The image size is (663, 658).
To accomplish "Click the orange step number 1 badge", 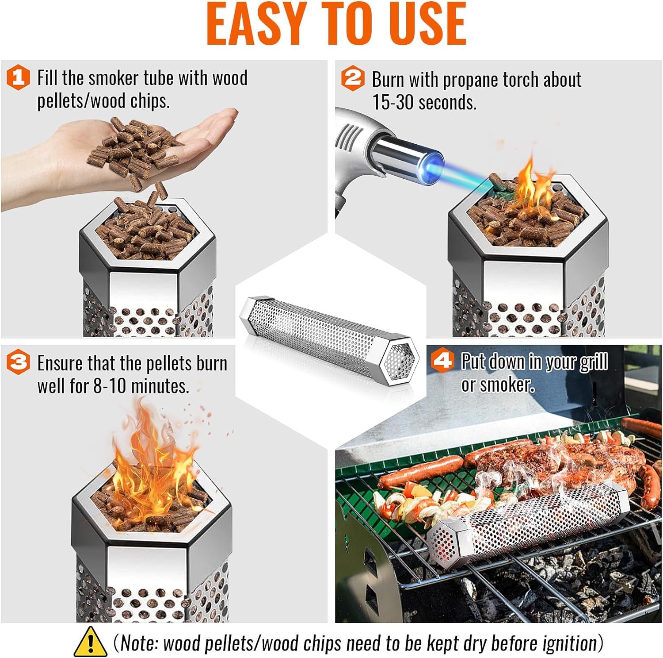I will click(x=18, y=78).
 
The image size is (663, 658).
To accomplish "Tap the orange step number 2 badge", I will click(x=353, y=79).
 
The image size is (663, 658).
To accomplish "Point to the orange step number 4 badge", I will click(x=442, y=361).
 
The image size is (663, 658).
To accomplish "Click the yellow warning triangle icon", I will click(x=90, y=641).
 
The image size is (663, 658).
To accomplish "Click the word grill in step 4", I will click(x=594, y=362).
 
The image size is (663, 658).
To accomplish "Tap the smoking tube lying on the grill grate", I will click(x=530, y=522).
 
